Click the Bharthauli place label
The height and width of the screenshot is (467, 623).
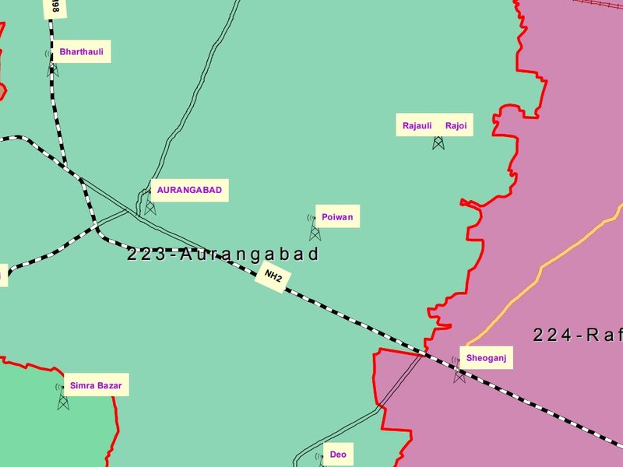[81, 53]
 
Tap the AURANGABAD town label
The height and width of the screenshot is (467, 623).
[189, 190]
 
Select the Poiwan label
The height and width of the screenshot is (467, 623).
[337, 217]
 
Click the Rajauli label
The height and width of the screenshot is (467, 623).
[417, 125]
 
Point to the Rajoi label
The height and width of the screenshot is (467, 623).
[456, 125]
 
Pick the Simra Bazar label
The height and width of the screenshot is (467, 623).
[96, 385]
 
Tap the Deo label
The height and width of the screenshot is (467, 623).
[338, 455]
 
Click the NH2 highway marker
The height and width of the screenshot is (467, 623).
[273, 276]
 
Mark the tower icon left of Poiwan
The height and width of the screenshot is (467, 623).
[315, 229]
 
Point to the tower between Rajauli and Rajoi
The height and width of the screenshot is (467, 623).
[438, 142]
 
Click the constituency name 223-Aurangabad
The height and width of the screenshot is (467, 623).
[224, 255]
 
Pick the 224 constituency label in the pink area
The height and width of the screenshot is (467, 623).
[577, 335]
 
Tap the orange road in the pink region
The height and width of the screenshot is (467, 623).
[545, 265]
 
